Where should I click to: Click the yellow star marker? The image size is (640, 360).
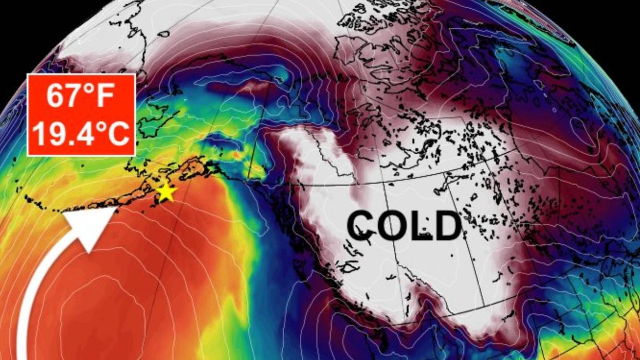166,192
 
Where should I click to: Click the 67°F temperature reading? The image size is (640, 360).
81,96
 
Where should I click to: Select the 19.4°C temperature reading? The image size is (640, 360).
81,133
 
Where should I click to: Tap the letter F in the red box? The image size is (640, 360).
105,96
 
